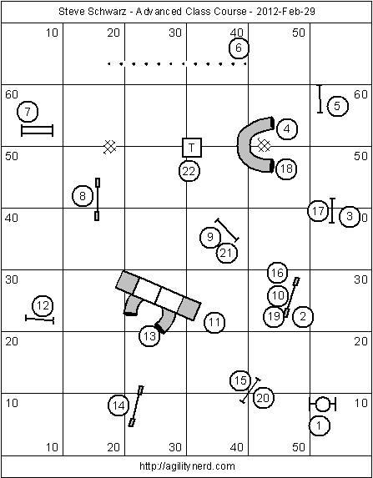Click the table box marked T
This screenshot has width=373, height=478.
coord(192,148)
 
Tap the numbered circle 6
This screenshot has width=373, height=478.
coord(239,48)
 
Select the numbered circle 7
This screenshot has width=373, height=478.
coord(28,112)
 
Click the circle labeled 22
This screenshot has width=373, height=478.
coord(189,171)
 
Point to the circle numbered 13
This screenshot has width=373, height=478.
coord(149,336)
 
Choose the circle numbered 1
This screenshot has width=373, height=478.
coord(319,425)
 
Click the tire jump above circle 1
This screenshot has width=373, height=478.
coord(322,405)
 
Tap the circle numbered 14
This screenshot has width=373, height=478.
coord(118,405)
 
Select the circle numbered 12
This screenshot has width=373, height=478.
coord(43,305)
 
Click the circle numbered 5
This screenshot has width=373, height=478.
coord(337,106)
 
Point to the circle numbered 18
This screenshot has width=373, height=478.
coord(286,169)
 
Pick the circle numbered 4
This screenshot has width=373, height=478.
coord(287,129)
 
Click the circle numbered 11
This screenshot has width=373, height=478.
coord(214,322)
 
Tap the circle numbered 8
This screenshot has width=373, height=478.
coord(83,196)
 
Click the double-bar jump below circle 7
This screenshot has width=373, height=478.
coord(37,130)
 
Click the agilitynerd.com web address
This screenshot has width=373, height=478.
coord(187,466)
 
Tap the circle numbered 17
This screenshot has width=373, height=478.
coord(318,211)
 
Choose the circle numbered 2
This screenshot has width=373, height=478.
coord(303,317)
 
